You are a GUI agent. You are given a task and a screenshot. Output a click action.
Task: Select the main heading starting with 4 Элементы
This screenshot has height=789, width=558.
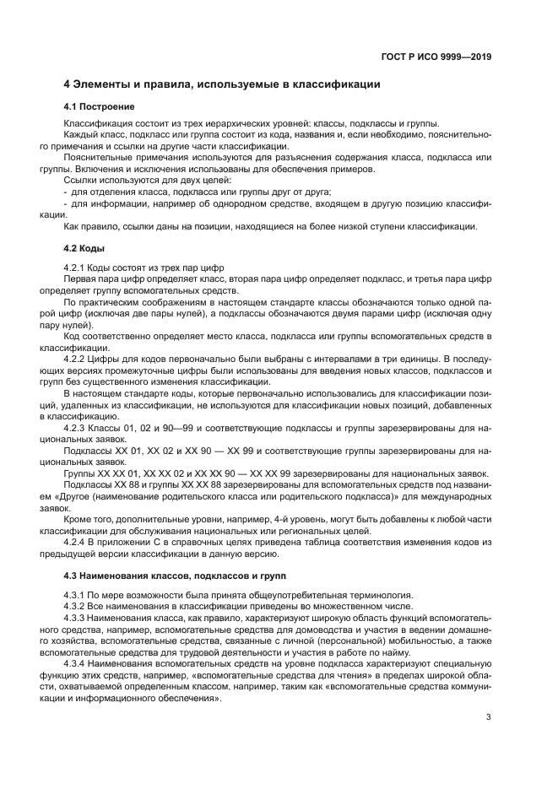pyautogui.click(x=222, y=84)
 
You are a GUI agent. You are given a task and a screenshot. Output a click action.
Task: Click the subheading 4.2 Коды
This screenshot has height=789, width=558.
pyautogui.click(x=84, y=250)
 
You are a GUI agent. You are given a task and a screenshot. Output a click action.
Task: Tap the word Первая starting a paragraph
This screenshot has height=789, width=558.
pyautogui.click(x=79, y=278)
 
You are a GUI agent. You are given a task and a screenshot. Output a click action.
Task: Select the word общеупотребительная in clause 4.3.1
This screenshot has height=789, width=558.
pyautogui.click(x=280, y=596)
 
